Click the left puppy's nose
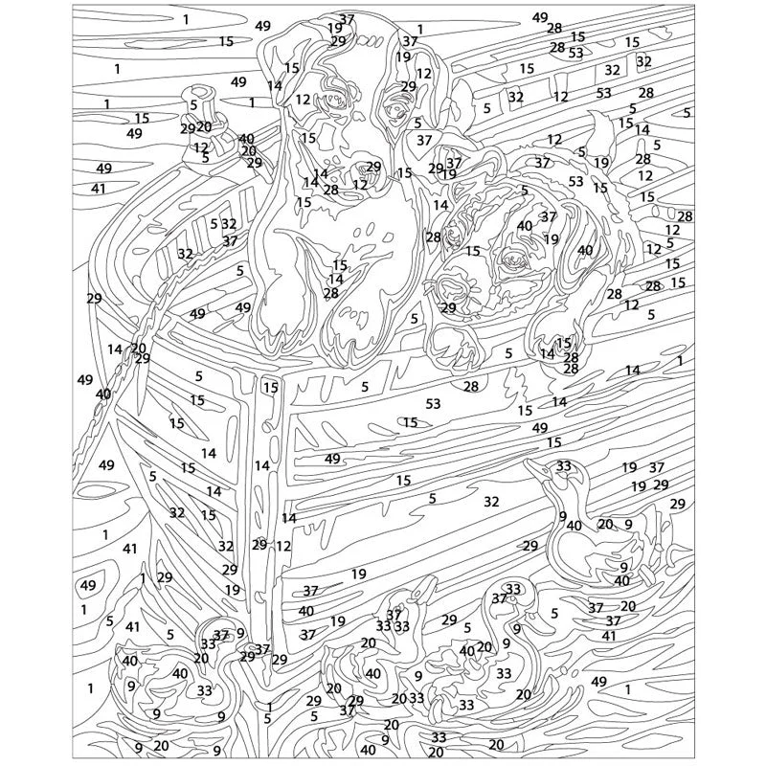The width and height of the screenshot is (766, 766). pyautogui.click(x=364, y=169)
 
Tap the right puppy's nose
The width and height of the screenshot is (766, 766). pyautogui.click(x=450, y=283)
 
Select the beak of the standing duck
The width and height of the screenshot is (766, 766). pyautogui.click(x=536, y=466)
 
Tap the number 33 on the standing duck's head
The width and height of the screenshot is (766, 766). pyautogui.click(x=564, y=465)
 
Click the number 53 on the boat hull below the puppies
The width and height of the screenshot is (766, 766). pyautogui.click(x=434, y=403)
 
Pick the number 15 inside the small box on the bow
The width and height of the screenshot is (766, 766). pyautogui.click(x=271, y=388)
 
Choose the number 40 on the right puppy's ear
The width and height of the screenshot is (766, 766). pyautogui.click(x=585, y=250)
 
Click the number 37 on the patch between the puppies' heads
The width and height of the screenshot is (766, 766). pyautogui.click(x=424, y=140)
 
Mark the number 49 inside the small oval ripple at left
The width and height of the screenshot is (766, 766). pyautogui.click(x=88, y=585)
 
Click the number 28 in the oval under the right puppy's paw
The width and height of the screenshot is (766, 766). pyautogui.click(x=471, y=387)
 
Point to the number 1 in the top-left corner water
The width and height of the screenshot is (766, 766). pyautogui.click(x=186, y=19)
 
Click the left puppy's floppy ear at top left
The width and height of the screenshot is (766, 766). pyautogui.click(x=279, y=63)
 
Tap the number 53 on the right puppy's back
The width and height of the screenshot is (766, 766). pyautogui.click(x=576, y=181)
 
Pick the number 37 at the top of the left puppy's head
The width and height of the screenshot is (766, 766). pyautogui.click(x=347, y=19)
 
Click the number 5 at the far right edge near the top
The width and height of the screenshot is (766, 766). pyautogui.click(x=687, y=113)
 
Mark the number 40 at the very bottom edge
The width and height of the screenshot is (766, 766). pyautogui.click(x=369, y=750)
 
